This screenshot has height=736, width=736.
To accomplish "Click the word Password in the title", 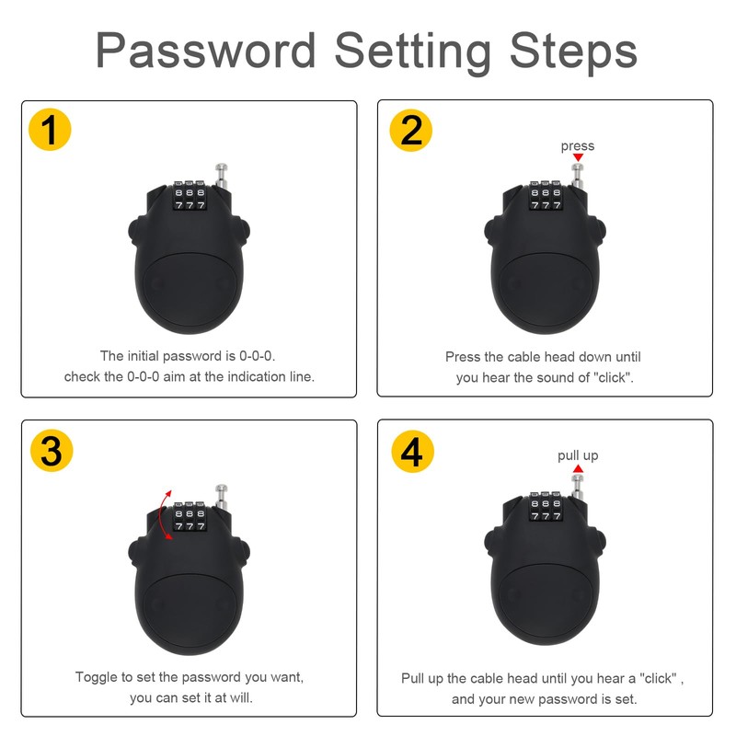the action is coord(205,50).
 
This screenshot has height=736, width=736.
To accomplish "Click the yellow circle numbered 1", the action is coord(50,130).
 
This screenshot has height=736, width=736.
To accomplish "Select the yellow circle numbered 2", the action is coord(410,130).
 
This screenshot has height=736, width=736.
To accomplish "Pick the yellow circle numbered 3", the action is coord(52,451).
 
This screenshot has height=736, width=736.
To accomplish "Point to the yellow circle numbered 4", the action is coord(412,452).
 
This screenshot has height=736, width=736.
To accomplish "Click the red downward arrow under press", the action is coord(578,157).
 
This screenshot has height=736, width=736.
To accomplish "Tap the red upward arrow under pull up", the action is coord(578,468).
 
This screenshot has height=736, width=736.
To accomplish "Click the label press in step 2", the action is coord(578,146).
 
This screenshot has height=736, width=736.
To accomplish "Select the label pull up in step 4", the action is coord(578,455).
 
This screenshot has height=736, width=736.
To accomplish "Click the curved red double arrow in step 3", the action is coord(161,514).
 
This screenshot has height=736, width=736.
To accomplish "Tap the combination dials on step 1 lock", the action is coord(190,195).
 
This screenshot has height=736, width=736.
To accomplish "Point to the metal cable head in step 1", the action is coord(221,176).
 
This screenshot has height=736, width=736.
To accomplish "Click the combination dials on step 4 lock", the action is coord(546,507).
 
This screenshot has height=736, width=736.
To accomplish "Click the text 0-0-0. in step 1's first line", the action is coord(258,356).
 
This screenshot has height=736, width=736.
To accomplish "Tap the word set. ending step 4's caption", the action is coord(627,699).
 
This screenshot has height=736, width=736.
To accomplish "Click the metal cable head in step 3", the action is coord(221,497).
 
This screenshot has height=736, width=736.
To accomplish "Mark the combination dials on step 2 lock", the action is coord(546,195).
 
